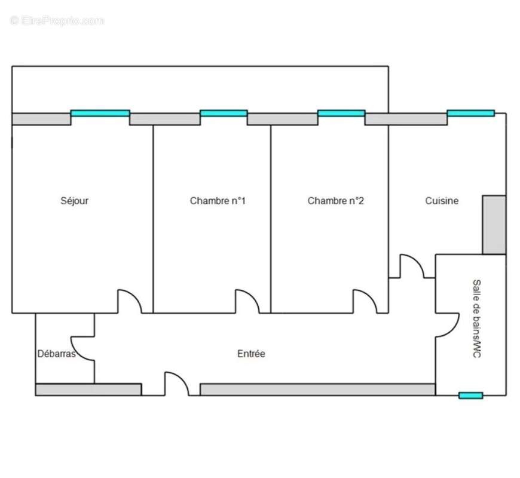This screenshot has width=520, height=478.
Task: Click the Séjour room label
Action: coord(74,201)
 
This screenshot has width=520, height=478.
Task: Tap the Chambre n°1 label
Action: coord(218,201)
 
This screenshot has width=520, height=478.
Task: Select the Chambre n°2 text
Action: coord(336,201)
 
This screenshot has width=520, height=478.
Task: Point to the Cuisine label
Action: coord(442,201)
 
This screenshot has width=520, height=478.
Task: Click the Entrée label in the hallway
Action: coord(251,354)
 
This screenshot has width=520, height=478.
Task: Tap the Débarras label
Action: coord(56,354)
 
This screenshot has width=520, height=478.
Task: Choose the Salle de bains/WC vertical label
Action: coord(476,318)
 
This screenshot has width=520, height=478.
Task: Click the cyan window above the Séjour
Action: coord(100,113)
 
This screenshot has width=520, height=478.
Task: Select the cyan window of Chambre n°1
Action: coord(224,113)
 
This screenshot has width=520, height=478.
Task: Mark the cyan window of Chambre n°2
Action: coord(341,113)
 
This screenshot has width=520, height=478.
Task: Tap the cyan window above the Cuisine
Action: coord(470,113)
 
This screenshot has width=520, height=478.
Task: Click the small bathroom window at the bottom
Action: coord(470,395)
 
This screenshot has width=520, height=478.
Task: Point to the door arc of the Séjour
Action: coord(135,296)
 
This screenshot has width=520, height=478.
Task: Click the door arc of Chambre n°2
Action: coord(370,296)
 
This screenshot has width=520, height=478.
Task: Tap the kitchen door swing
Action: coord(417,261)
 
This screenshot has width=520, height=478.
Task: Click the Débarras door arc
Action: coord(78,353)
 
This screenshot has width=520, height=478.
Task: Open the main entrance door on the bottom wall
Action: coord(182,379)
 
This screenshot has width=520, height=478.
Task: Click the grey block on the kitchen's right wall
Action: coord(494,225)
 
